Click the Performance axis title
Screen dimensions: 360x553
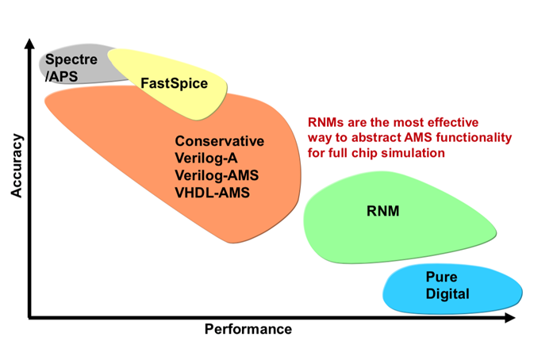248,329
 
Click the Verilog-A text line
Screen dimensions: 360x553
206,158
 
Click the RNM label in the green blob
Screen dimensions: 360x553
389,212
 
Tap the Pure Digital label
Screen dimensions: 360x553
447,285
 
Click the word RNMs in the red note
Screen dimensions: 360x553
327,123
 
